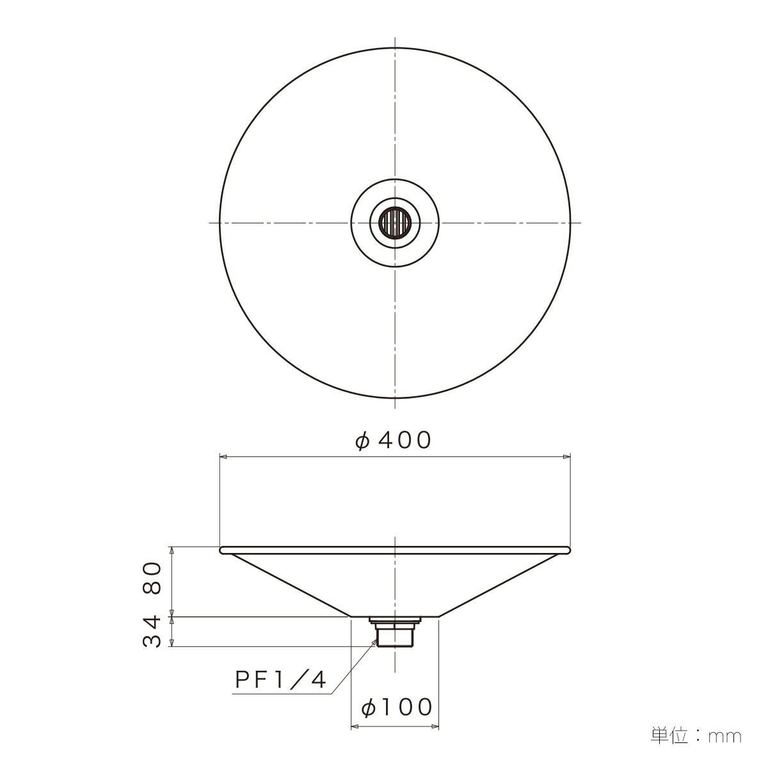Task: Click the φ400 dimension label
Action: point(393,440)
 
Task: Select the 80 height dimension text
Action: point(152,578)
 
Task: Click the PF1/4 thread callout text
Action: point(280,680)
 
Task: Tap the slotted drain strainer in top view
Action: point(394,222)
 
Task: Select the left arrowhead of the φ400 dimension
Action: point(223,457)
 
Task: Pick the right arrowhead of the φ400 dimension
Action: point(566,457)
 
